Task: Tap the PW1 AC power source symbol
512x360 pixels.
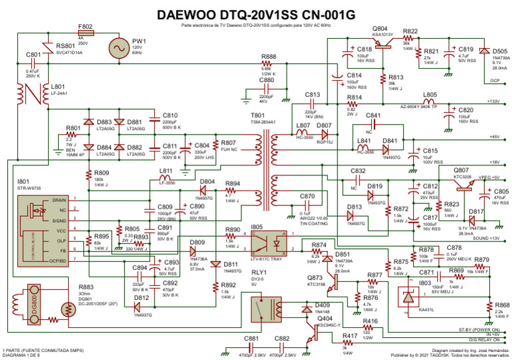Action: click(x=121, y=48)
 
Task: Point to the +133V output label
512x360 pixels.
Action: click(x=493, y=101)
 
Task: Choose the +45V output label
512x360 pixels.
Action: click(x=494, y=137)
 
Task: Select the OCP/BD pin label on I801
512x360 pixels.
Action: click(x=57, y=261)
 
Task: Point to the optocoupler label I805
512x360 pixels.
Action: click(x=257, y=227)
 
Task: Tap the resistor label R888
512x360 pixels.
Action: click(x=269, y=57)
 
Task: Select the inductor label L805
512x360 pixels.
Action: click(x=430, y=95)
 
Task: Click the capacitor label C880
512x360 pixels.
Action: click(x=267, y=80)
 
